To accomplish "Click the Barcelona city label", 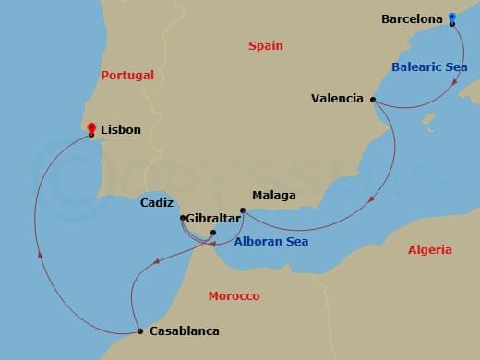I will click(411, 18).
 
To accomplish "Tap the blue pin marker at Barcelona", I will click(451, 17).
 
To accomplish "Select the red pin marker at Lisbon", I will click(91, 129).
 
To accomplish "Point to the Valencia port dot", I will click(373, 100).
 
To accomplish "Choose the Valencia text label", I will click(339, 99).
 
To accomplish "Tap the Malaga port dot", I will click(242, 211).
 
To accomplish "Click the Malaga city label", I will click(274, 196).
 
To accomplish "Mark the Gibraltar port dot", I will click(213, 233).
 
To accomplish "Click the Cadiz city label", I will click(158, 203).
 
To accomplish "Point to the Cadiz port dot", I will click(183, 218).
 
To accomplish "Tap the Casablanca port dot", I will click(138, 330).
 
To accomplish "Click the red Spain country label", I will click(266, 45).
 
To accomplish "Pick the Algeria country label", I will click(429, 249).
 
